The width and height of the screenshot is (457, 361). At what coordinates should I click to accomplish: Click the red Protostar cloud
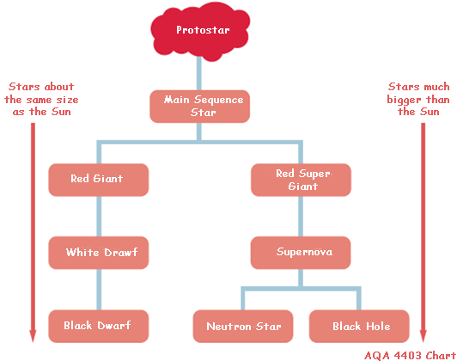coord(200,32)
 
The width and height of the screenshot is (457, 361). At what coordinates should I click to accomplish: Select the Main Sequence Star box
coord(199,107)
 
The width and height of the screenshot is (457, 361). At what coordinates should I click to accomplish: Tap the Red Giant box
coord(99,180)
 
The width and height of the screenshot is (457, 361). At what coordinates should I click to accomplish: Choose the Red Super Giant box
coord(301,180)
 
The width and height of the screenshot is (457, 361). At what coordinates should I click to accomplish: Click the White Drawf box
coord(99,253)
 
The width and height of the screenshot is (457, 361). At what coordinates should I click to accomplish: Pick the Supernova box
coord(301,253)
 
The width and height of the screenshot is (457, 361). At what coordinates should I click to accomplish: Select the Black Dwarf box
coord(99,326)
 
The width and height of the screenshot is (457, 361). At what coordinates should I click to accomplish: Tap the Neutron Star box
coord(243,326)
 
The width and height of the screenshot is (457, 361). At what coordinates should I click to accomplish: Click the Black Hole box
coord(359,326)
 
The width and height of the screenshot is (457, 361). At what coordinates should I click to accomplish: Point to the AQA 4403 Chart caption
coord(410,356)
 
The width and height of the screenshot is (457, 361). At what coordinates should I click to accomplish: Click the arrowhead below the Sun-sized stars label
coord(33,336)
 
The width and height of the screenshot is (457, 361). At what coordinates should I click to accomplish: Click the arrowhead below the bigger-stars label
coord(423,336)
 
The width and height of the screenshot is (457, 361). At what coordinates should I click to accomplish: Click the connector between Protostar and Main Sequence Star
coord(199,73)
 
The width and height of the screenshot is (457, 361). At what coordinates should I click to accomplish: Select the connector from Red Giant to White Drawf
coord(99,217)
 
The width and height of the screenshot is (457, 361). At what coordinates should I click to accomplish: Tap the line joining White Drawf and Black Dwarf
coord(99,290)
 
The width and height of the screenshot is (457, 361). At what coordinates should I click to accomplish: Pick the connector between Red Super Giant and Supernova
coord(301,217)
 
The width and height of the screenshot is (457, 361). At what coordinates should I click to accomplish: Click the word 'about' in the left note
coord(59,87)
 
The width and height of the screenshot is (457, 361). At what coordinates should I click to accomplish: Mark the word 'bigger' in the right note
coord(404,100)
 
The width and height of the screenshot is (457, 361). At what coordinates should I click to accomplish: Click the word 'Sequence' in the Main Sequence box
coord(218,100)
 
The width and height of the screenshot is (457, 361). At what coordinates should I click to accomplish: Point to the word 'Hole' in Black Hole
coord(378,326)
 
